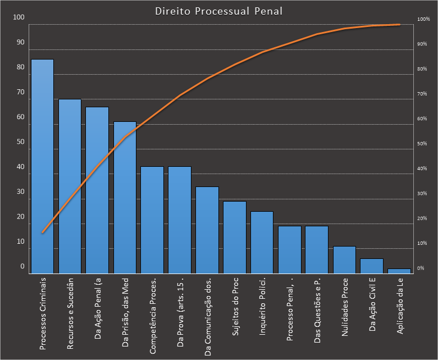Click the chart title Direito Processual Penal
tap(219, 11)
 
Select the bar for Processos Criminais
tap(42, 166)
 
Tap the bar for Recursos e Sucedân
tap(70, 185)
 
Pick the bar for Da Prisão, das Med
tap(125, 197)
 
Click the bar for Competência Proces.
tap(152, 219)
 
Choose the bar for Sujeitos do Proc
tap(235, 236)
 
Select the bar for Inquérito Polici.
tap(262, 241)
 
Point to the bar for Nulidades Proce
tap(344, 259)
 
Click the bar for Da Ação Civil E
tap(372, 265)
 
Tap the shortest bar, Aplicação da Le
tap(399, 270)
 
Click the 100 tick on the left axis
tap(19, 17)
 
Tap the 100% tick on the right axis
tap(423, 19)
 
